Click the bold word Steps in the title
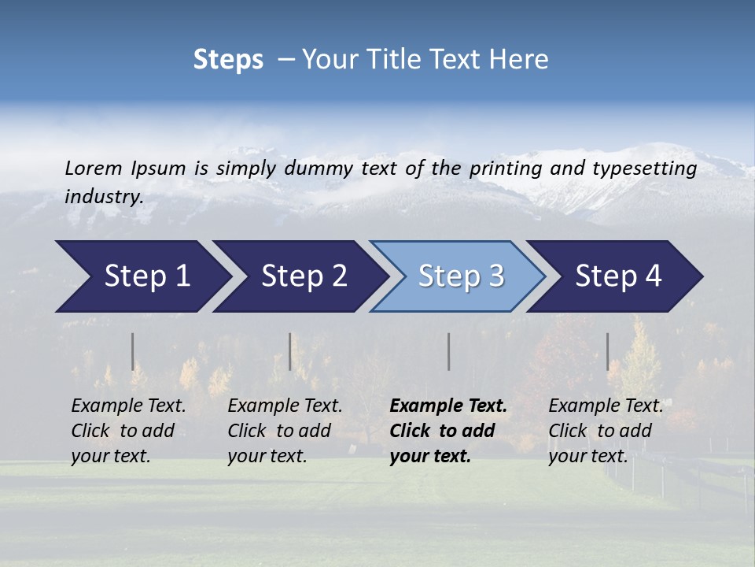pyautogui.click(x=228, y=60)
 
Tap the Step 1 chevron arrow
pyautogui.click(x=142, y=276)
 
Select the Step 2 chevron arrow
pyautogui.click(x=302, y=276)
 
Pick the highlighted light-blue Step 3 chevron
pyautogui.click(x=460, y=276)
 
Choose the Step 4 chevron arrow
pyautogui.click(x=618, y=276)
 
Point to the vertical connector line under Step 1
pyautogui.click(x=132, y=351)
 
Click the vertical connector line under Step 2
pyautogui.click(x=290, y=351)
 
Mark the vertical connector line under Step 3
pyautogui.click(x=449, y=351)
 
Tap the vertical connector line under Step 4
pyautogui.click(x=607, y=351)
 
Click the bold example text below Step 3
pyautogui.click(x=448, y=431)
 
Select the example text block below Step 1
pyautogui.click(x=128, y=431)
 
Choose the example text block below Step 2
pyautogui.click(x=285, y=431)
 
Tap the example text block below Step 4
pyautogui.click(x=606, y=431)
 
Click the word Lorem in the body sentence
pyautogui.click(x=94, y=168)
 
